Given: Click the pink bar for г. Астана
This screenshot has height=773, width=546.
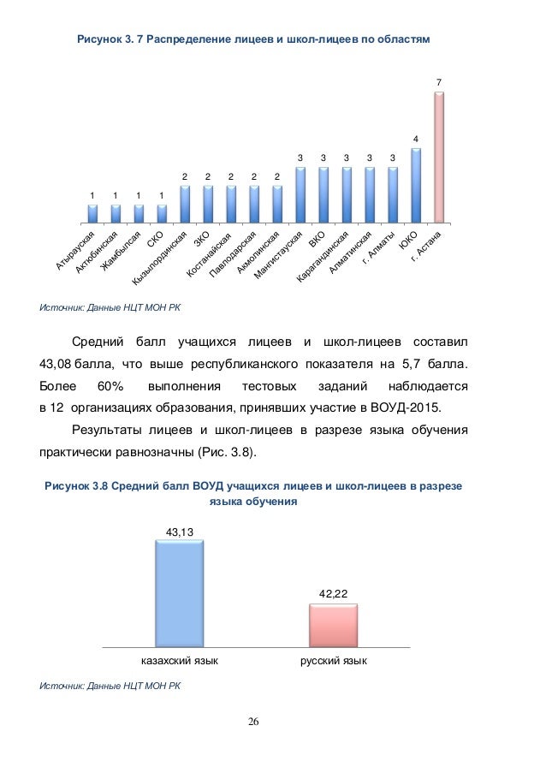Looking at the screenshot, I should [x=439, y=157].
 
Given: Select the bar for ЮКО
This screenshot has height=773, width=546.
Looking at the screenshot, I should [x=416, y=185].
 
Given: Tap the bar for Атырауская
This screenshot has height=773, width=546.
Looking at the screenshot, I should [x=92, y=213].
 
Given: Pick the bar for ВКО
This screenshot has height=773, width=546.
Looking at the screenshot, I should [x=323, y=194].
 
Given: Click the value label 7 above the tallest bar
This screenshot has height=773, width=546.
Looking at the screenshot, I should [x=439, y=82].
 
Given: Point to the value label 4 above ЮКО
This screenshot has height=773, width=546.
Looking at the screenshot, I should [x=416, y=139].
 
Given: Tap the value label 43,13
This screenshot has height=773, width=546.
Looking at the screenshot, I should [x=180, y=532].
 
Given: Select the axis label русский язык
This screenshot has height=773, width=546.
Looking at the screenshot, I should [x=334, y=662].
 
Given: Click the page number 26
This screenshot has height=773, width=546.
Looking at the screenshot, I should [x=253, y=721].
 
